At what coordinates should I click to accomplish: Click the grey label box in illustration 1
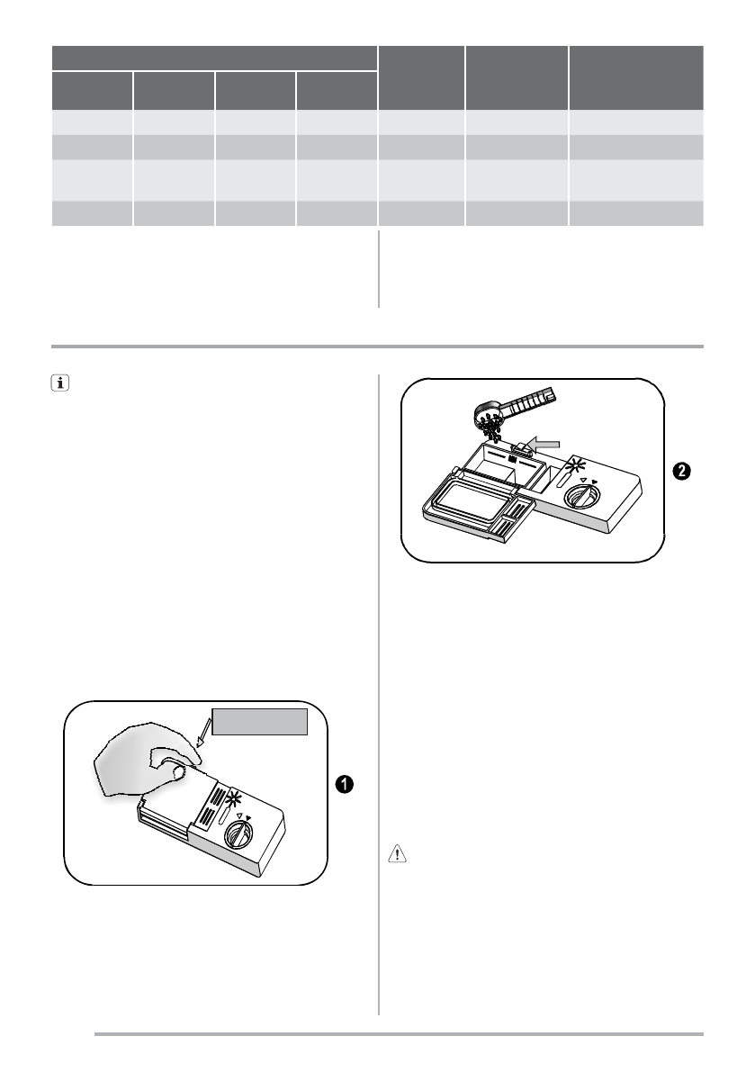coord(260,722)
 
